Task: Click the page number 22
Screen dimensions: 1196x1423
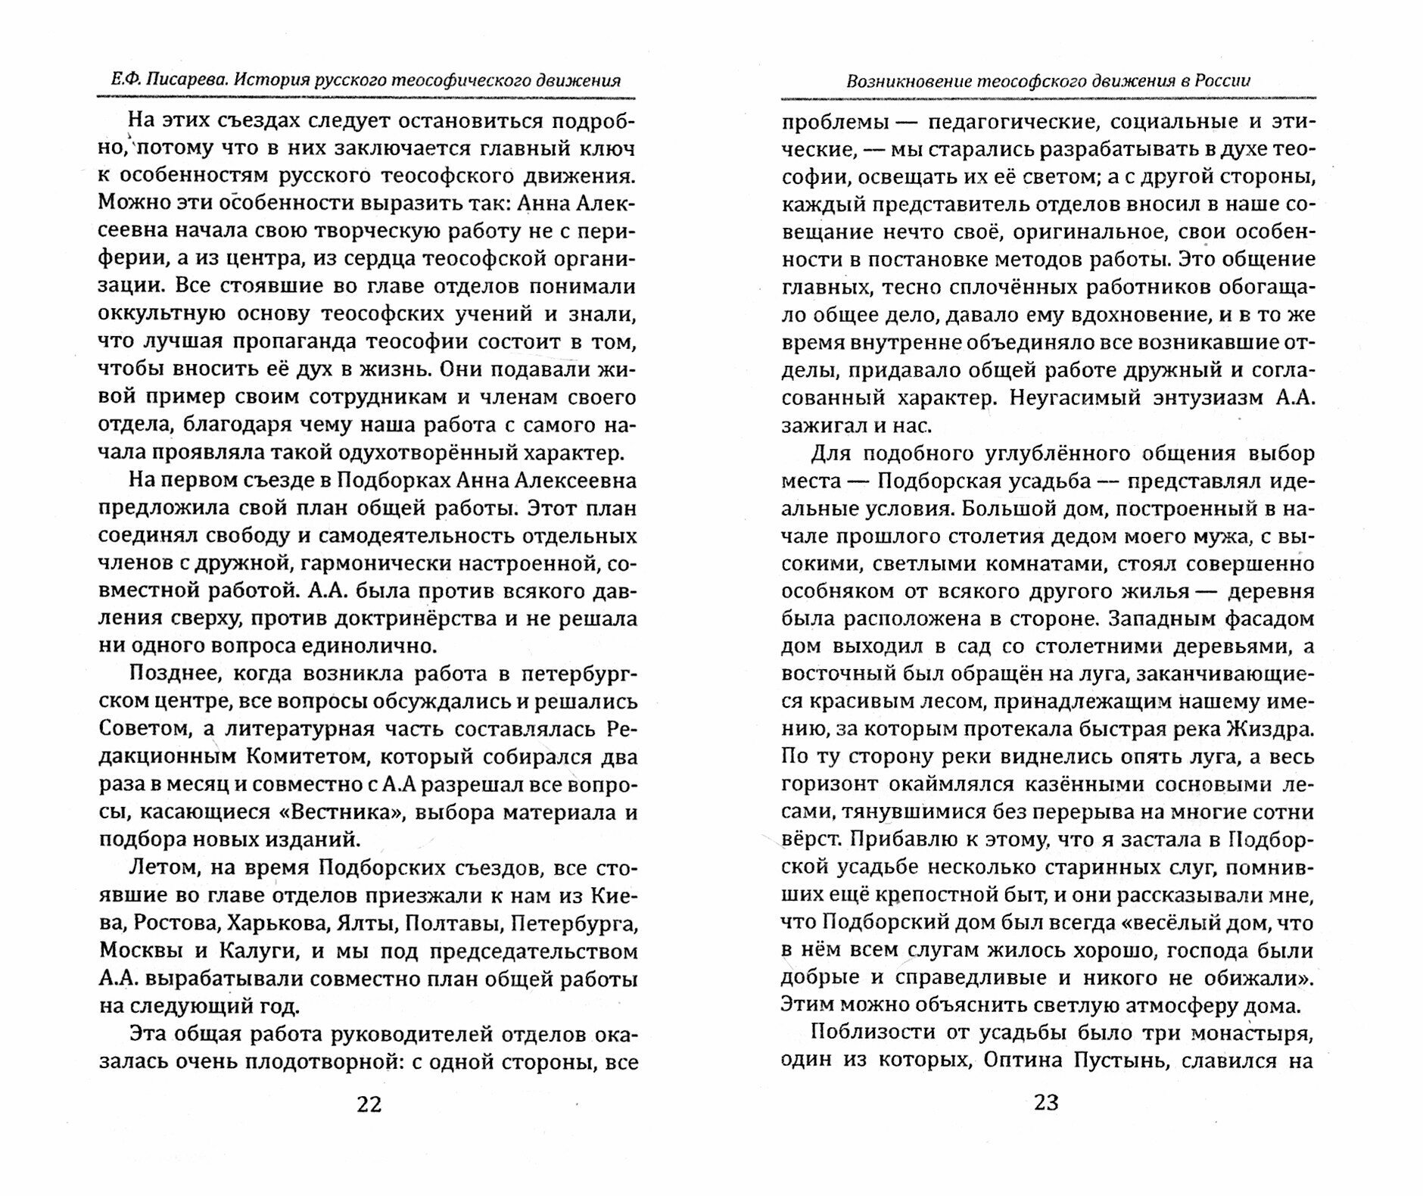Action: click(369, 1104)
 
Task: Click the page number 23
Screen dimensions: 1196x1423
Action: click(1046, 1102)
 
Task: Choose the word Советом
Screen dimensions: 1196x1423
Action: click(142, 729)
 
